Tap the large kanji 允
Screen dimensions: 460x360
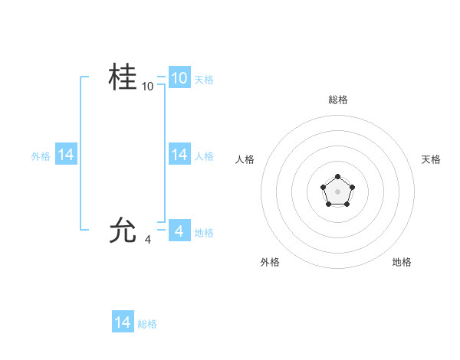(x=123, y=230)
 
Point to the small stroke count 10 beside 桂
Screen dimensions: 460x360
(x=148, y=87)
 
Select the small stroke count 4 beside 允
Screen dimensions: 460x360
(x=148, y=240)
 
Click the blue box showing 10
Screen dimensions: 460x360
(x=179, y=78)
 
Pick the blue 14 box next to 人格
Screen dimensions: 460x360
(x=179, y=155)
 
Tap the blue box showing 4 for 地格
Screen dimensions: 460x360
(x=179, y=231)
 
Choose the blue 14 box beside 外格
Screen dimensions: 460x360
(x=66, y=155)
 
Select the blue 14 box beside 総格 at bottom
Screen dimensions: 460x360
(x=123, y=322)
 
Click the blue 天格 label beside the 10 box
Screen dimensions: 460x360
(x=204, y=80)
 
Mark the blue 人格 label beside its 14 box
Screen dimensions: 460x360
(x=204, y=156)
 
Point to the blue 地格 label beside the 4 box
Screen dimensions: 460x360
(x=204, y=232)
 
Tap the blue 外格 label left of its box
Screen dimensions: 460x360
(x=41, y=156)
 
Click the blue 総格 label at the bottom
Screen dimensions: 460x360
(x=147, y=324)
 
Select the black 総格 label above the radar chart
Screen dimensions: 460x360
(x=337, y=100)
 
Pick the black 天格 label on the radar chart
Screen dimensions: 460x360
(x=431, y=159)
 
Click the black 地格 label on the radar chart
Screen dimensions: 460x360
(x=402, y=262)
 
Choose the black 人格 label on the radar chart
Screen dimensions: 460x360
(x=245, y=159)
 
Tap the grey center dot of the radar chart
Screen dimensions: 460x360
(x=337, y=191)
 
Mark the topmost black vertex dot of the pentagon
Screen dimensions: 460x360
(x=337, y=177)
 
